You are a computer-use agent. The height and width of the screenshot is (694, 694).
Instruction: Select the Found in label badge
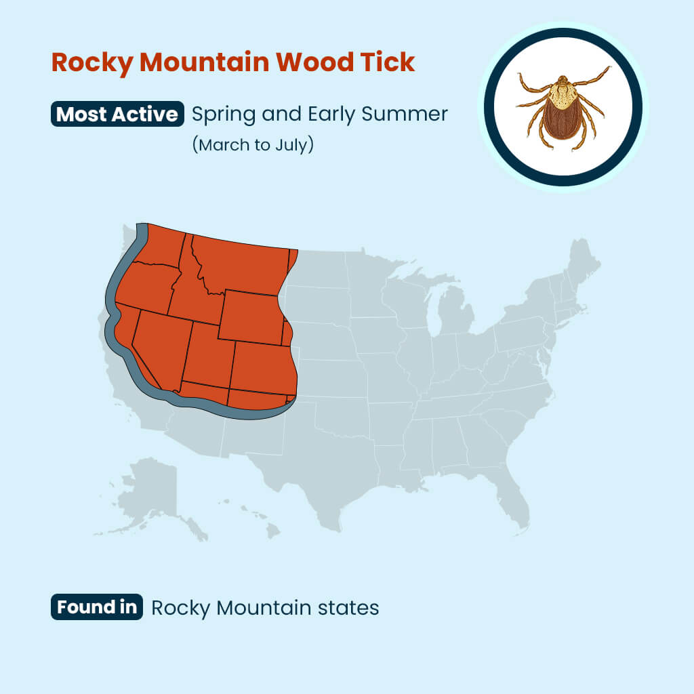[97, 607]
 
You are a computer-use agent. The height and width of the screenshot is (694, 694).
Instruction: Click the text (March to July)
[253, 145]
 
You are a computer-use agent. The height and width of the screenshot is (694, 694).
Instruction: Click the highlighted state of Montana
[244, 264]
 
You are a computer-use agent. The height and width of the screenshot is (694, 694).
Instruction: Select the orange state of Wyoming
[251, 317]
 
